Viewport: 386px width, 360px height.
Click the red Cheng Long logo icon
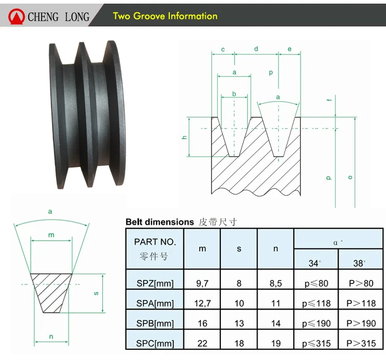click(16, 16)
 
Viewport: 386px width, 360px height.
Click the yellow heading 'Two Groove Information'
click(165, 16)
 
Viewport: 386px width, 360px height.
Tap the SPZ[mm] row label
click(155, 283)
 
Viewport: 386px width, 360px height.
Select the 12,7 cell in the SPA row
click(202, 303)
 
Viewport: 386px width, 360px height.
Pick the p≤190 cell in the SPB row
click(317, 323)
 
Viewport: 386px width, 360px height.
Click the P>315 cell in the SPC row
click(361, 343)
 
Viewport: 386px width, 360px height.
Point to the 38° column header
click(359, 263)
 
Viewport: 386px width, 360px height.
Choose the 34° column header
click(314, 263)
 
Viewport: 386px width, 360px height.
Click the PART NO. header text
click(155, 242)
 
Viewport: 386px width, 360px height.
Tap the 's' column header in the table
click(239, 249)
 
